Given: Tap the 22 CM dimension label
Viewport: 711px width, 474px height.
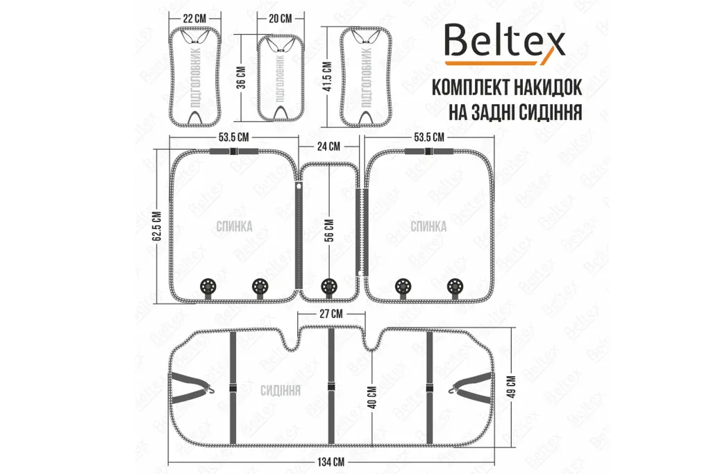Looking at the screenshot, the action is coord(194,19).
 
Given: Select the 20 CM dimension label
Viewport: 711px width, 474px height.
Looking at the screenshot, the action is coord(281,19).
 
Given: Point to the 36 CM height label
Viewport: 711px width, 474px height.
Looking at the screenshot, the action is coord(242,78).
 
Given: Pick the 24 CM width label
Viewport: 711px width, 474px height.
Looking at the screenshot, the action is coord(328,146).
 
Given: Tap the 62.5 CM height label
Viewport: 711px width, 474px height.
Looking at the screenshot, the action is coord(158,226).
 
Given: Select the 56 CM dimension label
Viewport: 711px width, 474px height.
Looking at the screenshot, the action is coord(330,230).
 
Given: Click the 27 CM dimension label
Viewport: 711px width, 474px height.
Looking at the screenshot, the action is coord(331,314).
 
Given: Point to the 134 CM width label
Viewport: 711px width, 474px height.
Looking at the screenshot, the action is coord(331,462).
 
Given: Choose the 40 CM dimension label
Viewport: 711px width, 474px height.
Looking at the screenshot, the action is coord(372,398).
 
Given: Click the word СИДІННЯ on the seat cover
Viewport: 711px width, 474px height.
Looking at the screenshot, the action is coord(281,391).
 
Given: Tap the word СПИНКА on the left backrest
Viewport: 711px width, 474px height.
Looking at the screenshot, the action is coord(235,226).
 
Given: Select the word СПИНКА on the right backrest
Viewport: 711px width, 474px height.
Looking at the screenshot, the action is coord(428,226).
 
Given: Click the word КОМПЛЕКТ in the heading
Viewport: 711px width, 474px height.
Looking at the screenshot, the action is coord(477,87).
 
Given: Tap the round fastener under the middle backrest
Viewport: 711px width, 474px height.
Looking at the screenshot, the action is coord(329,287).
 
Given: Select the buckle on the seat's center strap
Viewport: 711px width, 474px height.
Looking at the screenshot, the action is coord(331,387).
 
